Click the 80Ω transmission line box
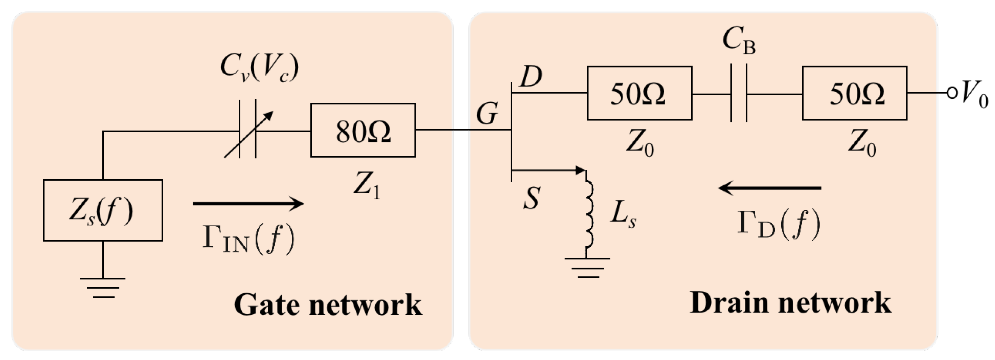click(363, 130)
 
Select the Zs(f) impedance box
click(103, 211)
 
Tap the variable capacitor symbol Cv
click(247, 129)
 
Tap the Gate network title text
click(327, 305)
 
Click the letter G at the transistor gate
click(487, 114)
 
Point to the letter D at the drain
click(531, 77)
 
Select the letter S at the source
click(532, 199)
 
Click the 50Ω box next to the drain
click(639, 93)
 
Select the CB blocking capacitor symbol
click(738, 93)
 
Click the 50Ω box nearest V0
click(854, 93)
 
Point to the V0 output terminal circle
click(952, 93)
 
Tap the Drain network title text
click(790, 303)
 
